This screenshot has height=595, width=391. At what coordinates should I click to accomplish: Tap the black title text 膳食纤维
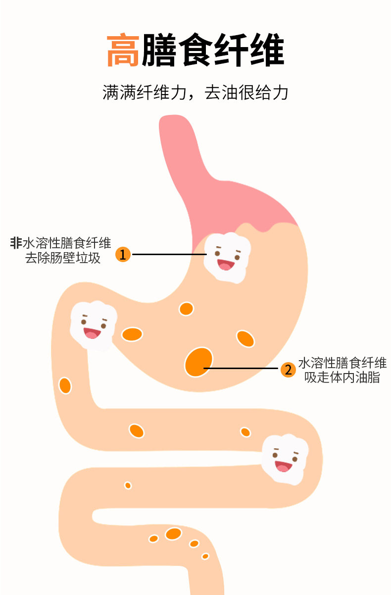[213, 51]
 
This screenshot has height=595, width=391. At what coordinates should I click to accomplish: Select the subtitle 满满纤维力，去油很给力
[195, 93]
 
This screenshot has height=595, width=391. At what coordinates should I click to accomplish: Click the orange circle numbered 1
[123, 255]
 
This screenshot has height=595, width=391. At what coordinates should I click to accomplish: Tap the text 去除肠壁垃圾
[63, 258]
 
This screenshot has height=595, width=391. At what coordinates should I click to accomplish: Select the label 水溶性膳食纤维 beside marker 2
[342, 363]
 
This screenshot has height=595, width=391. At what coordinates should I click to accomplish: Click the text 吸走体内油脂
[342, 378]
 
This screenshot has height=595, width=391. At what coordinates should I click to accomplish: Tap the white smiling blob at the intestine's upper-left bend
[94, 325]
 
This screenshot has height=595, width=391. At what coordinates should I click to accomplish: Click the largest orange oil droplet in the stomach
[198, 362]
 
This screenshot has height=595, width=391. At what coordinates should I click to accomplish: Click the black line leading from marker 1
[168, 254]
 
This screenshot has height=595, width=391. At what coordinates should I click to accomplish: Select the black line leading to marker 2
[243, 369]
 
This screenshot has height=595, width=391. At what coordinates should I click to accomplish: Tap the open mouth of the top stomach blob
[225, 265]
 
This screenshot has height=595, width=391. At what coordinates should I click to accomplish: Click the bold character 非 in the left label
[16, 243]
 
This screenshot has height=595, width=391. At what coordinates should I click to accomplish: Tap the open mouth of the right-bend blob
[283, 466]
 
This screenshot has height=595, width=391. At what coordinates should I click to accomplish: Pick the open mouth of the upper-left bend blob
[92, 333]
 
